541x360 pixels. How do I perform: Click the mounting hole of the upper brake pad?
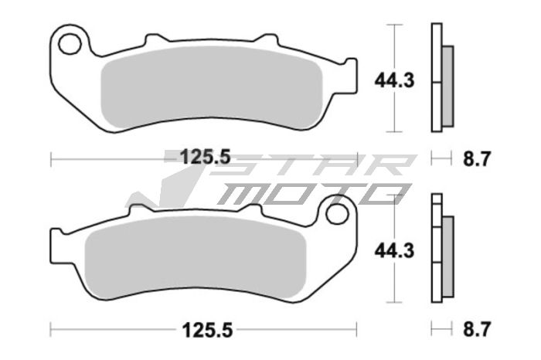coord(71,44)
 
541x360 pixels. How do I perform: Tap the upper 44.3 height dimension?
coord(392,80)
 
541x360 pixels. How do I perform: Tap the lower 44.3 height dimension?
coord(392,250)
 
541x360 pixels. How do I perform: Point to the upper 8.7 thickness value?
coord(477,159)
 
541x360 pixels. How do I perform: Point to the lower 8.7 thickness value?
coord(477,330)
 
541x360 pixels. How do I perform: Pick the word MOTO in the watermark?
coord(309,193)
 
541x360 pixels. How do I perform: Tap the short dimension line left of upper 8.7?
coord(441,158)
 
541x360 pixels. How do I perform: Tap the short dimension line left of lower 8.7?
coord(441,330)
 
